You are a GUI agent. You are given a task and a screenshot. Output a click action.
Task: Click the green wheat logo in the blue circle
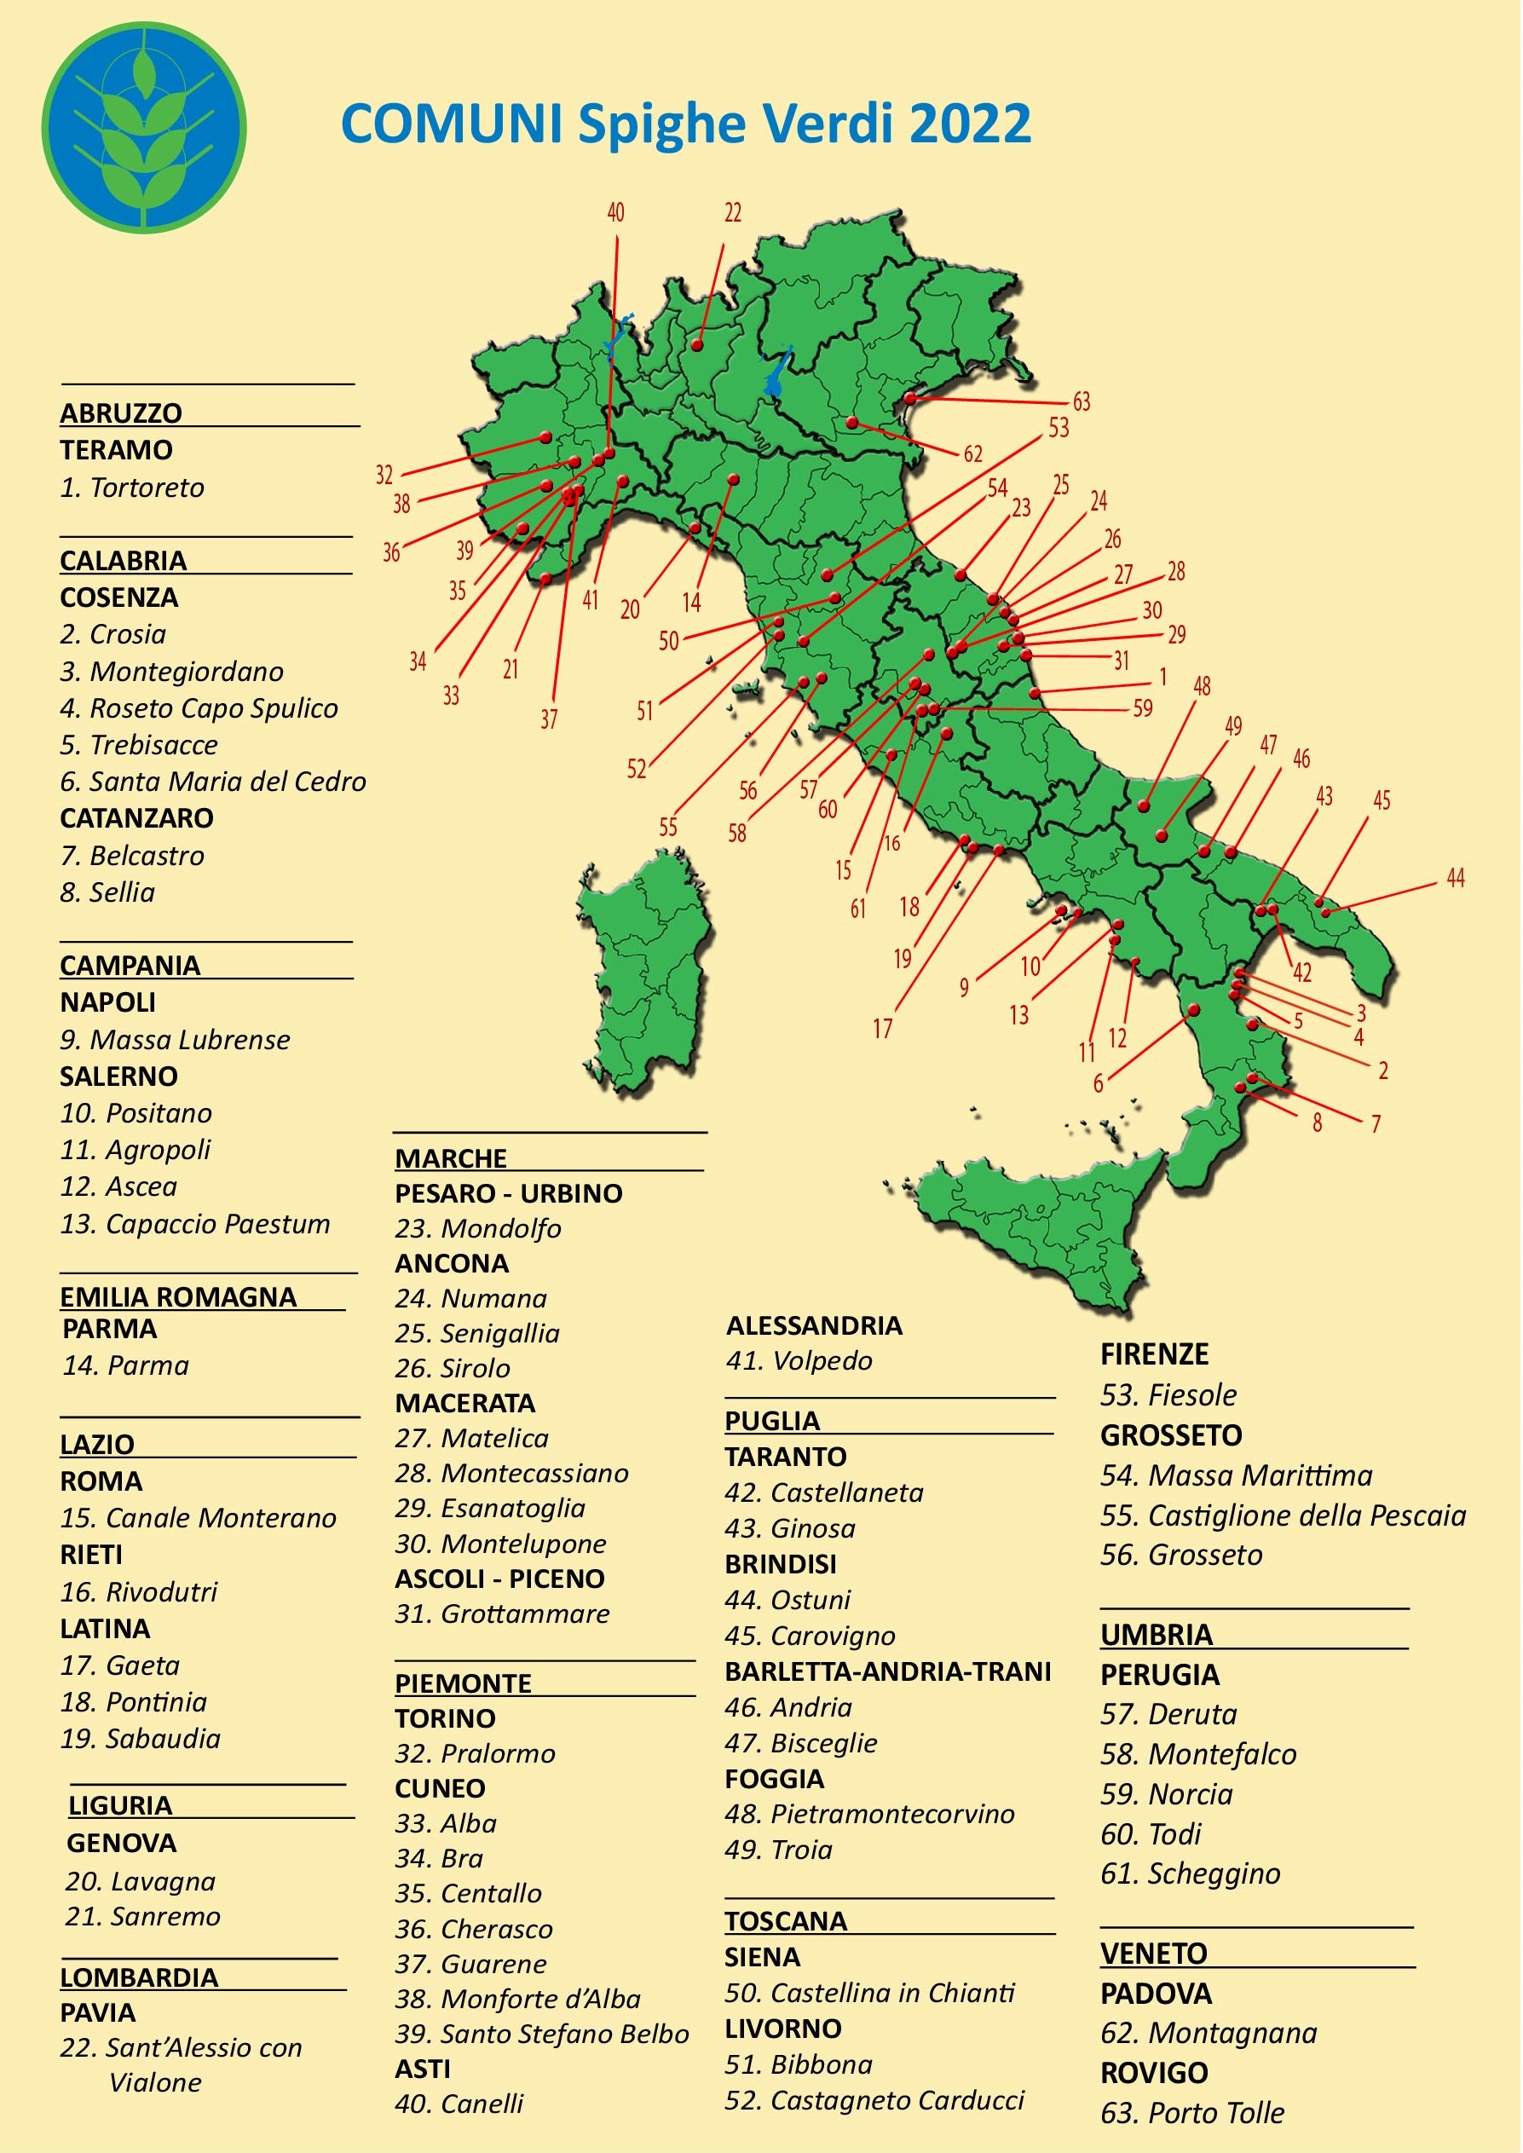pos(143,128)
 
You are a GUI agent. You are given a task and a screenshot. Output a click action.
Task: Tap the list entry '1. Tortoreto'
pos(132,488)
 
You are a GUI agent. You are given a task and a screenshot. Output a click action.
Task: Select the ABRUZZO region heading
pos(121,413)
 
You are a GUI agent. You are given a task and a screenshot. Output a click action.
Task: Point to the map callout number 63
pos(1082,402)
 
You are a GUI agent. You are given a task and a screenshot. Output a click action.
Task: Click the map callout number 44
pos(1455,879)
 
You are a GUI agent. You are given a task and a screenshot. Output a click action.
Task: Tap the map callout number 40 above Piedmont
pos(615,213)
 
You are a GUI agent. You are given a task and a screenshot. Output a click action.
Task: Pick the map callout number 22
pos(732,213)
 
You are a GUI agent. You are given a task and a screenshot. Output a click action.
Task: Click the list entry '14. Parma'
pos(125,1365)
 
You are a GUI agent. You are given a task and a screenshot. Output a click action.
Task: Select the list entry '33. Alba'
pos(446,1823)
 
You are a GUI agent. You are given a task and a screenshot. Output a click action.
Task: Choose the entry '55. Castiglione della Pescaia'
pos(1282,1515)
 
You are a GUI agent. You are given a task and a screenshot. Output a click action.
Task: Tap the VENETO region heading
pos(1153,1954)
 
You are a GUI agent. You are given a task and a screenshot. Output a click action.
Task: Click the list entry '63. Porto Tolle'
pos(1192,2113)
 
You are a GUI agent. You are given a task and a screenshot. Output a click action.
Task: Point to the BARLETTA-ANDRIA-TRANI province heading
pos(887,1671)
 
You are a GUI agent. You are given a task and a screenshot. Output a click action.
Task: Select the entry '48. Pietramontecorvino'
pos(869,1814)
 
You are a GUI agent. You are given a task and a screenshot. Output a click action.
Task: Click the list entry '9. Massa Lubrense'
pos(176,1039)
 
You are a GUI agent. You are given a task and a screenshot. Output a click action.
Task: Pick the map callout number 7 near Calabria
pos(1376,1123)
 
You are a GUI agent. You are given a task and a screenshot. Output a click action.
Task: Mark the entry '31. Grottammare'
pos(502,1613)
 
